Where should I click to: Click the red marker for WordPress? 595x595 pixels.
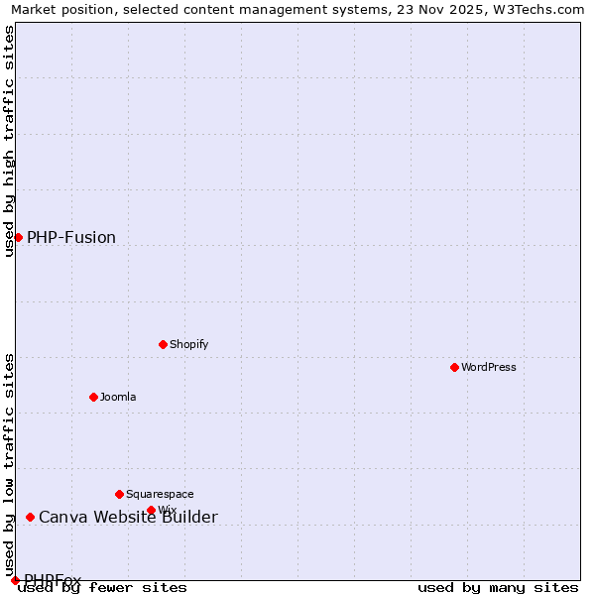(x=454, y=367)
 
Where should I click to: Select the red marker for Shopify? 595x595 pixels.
(x=163, y=344)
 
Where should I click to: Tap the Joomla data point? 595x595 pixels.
(x=93, y=397)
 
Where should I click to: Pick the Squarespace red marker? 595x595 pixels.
(x=119, y=494)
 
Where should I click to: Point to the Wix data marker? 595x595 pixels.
(x=151, y=510)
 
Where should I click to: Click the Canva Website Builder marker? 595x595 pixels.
(x=30, y=517)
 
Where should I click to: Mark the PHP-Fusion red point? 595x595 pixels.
(x=18, y=237)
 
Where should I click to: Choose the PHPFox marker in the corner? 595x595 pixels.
(x=15, y=580)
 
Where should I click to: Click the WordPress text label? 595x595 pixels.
(x=489, y=367)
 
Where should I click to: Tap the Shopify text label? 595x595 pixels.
(x=188, y=344)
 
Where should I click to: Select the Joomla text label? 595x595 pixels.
(x=118, y=397)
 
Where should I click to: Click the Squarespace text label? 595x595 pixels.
(x=160, y=494)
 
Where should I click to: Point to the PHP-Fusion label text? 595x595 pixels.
(x=71, y=237)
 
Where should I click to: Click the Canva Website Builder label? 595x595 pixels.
(x=128, y=517)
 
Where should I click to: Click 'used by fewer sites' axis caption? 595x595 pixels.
(x=103, y=587)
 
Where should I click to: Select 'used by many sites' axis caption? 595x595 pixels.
(x=498, y=587)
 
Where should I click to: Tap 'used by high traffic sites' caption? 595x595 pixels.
(x=9, y=141)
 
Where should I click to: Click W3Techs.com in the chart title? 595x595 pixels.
(x=544, y=9)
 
